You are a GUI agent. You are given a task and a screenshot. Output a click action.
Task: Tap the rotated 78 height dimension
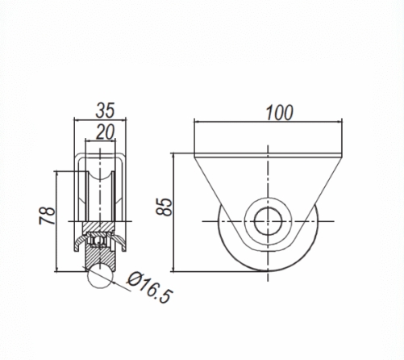point(48,216)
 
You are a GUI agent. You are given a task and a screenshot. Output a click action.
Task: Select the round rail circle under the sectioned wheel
point(98,276)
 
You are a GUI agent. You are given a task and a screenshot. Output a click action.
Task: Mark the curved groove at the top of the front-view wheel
point(98,174)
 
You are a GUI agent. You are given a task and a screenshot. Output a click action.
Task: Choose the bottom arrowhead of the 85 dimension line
point(176,267)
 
